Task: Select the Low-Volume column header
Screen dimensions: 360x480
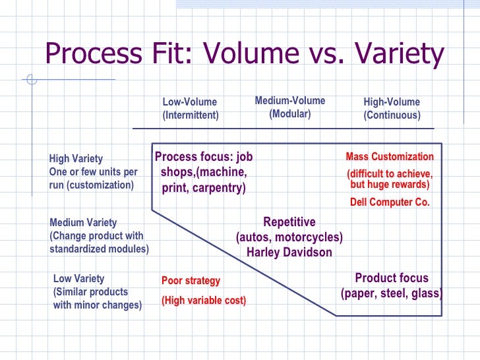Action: click(x=189, y=102)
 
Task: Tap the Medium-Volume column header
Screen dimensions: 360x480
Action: click(x=289, y=101)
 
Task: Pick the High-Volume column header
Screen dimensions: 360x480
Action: click(x=392, y=102)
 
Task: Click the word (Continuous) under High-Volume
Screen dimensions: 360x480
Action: click(x=392, y=115)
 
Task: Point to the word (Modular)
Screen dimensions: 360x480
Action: click(x=289, y=113)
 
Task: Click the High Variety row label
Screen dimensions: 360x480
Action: click(x=76, y=159)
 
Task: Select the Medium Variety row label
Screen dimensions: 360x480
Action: click(x=83, y=223)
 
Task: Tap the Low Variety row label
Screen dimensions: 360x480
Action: click(x=78, y=279)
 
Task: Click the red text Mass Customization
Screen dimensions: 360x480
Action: click(x=390, y=157)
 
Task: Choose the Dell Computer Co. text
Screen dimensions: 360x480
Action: click(x=390, y=202)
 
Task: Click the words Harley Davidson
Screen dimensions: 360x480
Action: click(x=289, y=252)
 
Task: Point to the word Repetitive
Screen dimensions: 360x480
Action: click(x=289, y=222)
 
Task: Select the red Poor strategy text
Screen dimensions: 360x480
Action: click(x=191, y=281)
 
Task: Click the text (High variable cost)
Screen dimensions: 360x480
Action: click(x=204, y=301)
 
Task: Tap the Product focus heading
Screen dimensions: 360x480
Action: click(x=392, y=278)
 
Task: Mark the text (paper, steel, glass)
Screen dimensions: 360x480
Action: click(x=392, y=293)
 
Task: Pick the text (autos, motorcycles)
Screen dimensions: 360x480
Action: click(x=289, y=237)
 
